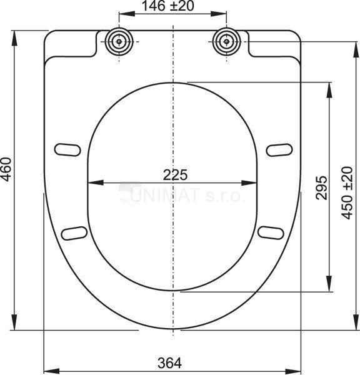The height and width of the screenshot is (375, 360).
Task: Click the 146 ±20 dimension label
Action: tap(168, 6)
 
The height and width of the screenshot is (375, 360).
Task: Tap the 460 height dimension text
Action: tap(6, 169)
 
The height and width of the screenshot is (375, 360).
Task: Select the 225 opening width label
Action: tap(176, 175)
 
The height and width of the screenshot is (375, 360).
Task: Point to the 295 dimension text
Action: tap(321, 187)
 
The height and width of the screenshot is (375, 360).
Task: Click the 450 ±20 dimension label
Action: tap(347, 192)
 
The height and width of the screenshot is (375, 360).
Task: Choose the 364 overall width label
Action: tap(169, 363)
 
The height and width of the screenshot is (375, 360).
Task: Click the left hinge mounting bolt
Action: tap(119, 42)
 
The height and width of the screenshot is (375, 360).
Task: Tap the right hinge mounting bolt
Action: tap(226, 42)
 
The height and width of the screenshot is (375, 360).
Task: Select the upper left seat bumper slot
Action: tap(67, 149)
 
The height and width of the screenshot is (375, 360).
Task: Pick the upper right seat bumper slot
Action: tap(279, 150)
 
